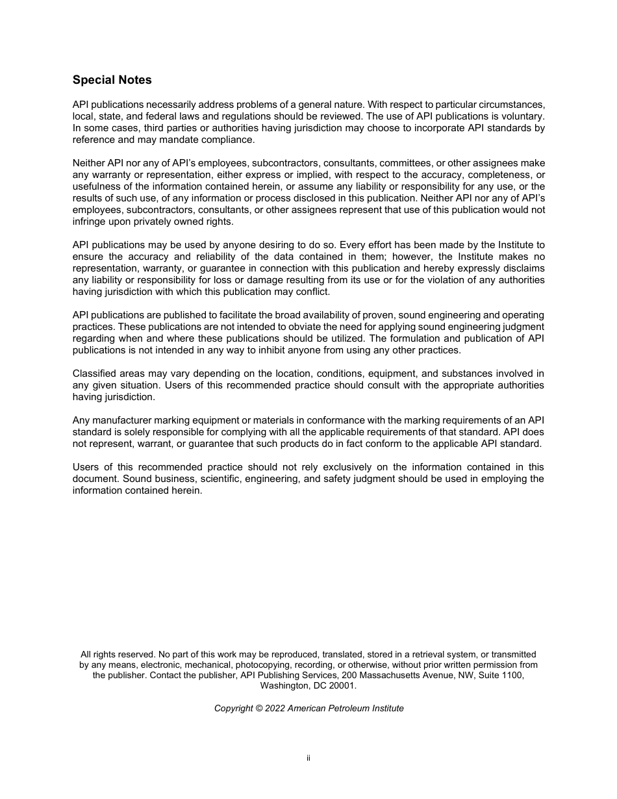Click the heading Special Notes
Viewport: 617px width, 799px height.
112,80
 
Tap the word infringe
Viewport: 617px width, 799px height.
89,222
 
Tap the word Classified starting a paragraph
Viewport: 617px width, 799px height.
94,374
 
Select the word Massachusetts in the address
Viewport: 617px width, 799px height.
377,675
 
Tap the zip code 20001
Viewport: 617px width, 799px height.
344,685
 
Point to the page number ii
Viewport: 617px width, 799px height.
308,757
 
